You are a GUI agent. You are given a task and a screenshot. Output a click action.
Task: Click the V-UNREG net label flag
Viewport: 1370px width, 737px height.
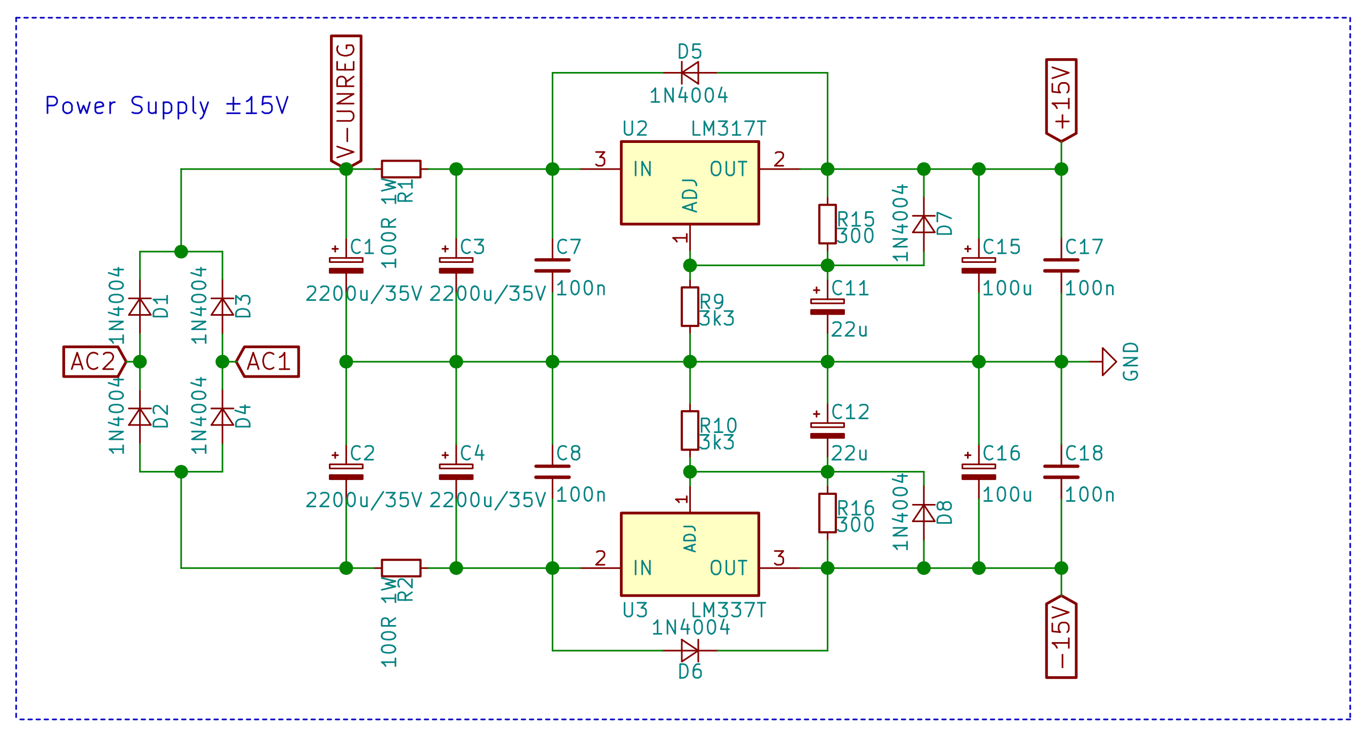tap(346, 100)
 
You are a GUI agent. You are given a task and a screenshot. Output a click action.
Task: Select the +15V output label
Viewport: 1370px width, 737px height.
tap(1061, 100)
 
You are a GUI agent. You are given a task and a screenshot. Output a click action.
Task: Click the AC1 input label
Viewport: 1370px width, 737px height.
tap(268, 362)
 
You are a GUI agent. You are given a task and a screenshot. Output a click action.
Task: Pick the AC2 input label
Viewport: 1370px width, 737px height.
tap(94, 362)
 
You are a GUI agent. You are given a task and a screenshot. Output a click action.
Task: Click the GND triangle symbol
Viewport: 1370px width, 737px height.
tap(1109, 362)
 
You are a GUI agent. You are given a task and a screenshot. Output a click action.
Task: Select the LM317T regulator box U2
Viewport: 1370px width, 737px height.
tap(690, 183)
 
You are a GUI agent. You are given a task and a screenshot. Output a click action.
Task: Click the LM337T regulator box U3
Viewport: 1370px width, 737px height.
tap(690, 554)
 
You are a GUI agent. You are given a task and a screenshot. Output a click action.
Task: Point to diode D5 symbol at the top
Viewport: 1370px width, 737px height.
tap(690, 73)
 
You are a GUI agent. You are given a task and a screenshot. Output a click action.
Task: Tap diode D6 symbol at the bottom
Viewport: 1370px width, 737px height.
tap(690, 651)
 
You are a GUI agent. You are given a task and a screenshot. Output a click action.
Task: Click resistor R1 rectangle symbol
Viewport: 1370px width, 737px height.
tap(401, 169)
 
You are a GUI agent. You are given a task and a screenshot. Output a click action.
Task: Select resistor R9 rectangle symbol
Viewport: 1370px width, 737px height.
tap(690, 307)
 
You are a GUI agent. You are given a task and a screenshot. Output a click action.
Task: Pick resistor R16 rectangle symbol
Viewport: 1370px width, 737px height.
tap(827, 513)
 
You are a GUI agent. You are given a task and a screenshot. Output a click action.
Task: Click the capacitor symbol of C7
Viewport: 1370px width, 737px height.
tap(552, 266)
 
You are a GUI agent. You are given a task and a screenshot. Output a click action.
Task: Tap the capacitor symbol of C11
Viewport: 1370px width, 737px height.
tap(827, 306)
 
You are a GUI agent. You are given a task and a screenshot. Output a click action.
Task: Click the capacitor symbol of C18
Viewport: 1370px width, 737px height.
tap(1061, 472)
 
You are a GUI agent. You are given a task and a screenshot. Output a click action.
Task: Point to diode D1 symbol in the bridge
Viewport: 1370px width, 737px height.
tap(140, 307)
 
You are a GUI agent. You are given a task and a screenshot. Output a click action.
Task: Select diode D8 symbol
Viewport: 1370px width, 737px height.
tap(924, 513)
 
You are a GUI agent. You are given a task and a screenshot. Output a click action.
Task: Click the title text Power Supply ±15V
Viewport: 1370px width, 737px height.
tap(167, 106)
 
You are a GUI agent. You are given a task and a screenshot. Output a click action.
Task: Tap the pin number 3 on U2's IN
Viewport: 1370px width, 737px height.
tap(600, 159)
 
